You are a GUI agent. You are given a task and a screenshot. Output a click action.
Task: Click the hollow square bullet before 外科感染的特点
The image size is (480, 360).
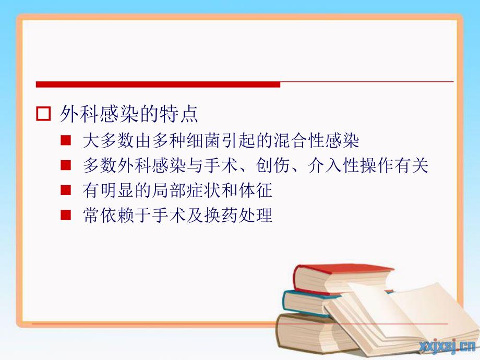click(44, 114)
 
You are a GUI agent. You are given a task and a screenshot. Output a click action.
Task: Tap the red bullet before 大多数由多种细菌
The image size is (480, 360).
click(66, 141)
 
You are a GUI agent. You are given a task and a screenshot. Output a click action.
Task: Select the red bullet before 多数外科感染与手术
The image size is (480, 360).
click(66, 166)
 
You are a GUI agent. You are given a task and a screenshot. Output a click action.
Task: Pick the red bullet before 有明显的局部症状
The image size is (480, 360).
click(66, 191)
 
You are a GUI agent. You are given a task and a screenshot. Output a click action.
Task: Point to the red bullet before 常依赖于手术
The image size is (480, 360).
click(66, 215)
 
